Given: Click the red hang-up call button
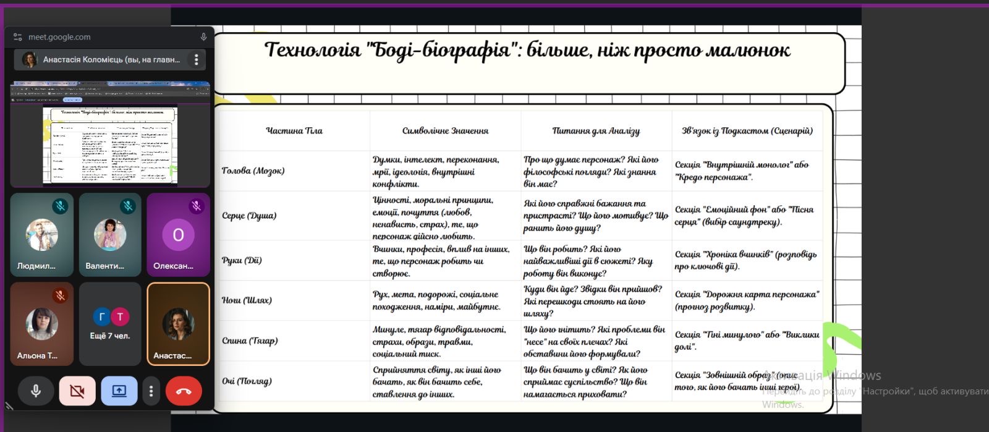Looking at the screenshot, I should [184, 391].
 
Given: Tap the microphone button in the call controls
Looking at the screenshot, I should [36, 391].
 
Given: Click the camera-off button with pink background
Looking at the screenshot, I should [77, 391].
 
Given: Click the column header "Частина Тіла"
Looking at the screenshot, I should [294, 130].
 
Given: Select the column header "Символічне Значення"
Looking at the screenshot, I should [445, 130].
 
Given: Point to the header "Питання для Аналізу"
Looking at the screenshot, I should [596, 130].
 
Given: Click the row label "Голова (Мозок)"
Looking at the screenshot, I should [253, 171].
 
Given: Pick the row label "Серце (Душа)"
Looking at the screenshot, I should [249, 216].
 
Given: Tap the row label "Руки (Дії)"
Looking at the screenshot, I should [242, 260].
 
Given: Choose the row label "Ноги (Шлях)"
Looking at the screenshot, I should [247, 300].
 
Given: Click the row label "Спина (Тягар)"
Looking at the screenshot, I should [250, 341].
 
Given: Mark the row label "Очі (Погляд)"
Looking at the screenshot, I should [247, 381].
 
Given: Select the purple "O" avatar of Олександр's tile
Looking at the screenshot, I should [178, 235].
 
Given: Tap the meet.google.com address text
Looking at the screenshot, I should [59, 37].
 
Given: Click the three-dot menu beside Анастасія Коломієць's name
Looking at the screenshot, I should [197, 60].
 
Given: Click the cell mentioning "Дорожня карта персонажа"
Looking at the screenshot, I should [747, 300].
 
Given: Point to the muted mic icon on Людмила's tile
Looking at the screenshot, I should [60, 206].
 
